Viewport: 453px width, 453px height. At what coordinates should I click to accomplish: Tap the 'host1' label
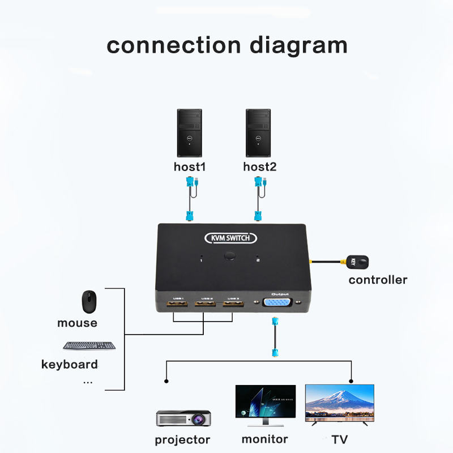[x=190, y=166]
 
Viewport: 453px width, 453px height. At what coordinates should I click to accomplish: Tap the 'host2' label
[x=260, y=166]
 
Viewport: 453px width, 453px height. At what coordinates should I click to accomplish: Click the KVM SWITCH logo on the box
[x=230, y=238]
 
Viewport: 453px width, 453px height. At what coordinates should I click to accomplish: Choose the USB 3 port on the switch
[x=232, y=306]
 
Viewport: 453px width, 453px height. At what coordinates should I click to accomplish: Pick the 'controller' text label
[x=378, y=280]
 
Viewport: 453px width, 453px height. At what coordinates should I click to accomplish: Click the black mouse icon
[x=88, y=302]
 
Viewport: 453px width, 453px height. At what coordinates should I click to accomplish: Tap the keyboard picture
[x=89, y=345]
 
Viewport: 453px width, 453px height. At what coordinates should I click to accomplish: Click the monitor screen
[x=265, y=402]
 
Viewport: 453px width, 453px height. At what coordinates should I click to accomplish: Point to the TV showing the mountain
[x=340, y=402]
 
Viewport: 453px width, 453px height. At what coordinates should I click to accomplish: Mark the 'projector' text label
[x=182, y=440]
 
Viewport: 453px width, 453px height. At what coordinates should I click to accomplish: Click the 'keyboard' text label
[x=70, y=364]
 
